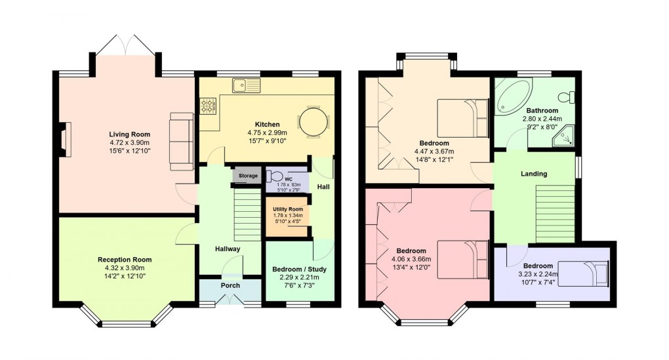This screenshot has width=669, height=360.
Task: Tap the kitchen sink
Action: pyautogui.click(x=247, y=84)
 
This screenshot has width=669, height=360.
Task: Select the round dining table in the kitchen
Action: pyautogui.click(x=312, y=121)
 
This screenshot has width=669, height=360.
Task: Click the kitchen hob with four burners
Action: pyautogui.click(x=209, y=105)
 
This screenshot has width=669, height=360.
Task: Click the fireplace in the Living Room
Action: pyautogui.click(x=63, y=140)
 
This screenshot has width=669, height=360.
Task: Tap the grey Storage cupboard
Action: pyautogui.click(x=248, y=176)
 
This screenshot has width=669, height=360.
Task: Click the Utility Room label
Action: pyautogui.click(x=286, y=209)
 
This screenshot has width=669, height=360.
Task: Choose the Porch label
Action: pyautogui.click(x=230, y=285)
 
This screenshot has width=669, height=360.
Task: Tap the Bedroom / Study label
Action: pyautogui.click(x=299, y=269)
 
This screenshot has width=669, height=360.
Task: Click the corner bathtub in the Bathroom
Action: pyautogui.click(x=510, y=98)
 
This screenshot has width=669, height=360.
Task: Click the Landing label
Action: pyautogui.click(x=534, y=174)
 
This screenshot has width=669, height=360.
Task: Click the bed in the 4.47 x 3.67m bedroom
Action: pyautogui.click(x=462, y=118)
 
